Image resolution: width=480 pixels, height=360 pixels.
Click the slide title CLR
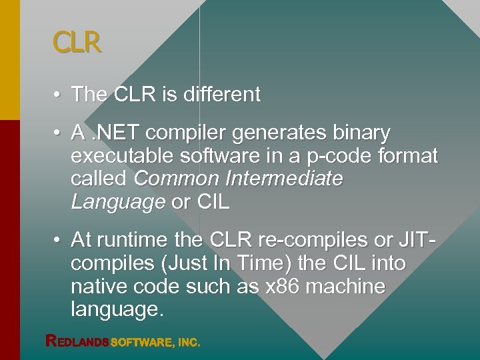pyautogui.click(x=77, y=43)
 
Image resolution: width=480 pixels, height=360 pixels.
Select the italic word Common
pyautogui.click(x=176, y=179)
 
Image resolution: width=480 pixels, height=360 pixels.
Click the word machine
pyautogui.click(x=349, y=287)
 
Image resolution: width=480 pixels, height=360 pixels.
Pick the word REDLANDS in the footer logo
pyautogui.click(x=77, y=341)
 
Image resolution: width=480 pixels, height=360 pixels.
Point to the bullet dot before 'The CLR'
pyautogui.click(x=59, y=95)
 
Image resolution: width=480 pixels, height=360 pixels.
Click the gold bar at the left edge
pyautogui.click(x=9, y=60)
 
